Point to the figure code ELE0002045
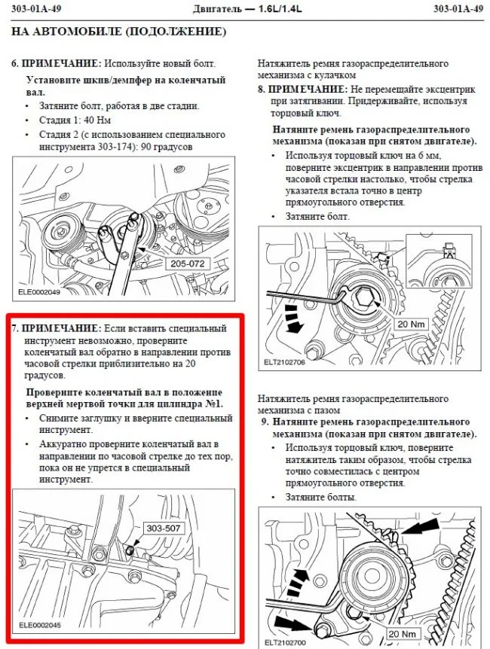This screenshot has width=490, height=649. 39,624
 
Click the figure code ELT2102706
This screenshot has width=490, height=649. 285,361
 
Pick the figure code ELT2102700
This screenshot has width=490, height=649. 285,642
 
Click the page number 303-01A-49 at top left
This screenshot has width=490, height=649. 38,9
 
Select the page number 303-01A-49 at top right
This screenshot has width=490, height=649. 458,9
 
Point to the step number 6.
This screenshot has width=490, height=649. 14,64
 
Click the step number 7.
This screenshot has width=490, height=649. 14,329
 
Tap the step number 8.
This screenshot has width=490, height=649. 261,89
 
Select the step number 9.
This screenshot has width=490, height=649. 261,422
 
